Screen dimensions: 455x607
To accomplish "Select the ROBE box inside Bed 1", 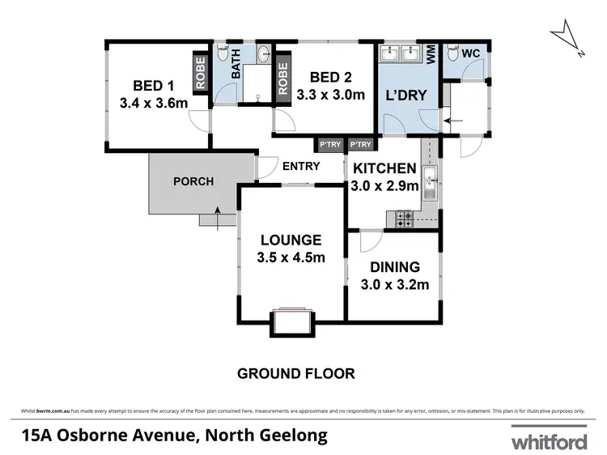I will click(x=200, y=72).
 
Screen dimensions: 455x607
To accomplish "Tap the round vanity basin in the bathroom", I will click(x=264, y=55).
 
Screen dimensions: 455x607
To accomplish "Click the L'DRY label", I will click(x=406, y=95).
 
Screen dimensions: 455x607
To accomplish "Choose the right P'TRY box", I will click(x=360, y=145).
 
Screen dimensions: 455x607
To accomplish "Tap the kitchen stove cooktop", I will click(x=402, y=217).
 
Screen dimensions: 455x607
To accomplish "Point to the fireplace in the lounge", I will click(x=292, y=322).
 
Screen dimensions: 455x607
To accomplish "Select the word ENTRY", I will click(x=301, y=167).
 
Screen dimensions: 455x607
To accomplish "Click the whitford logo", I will click(x=548, y=442).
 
